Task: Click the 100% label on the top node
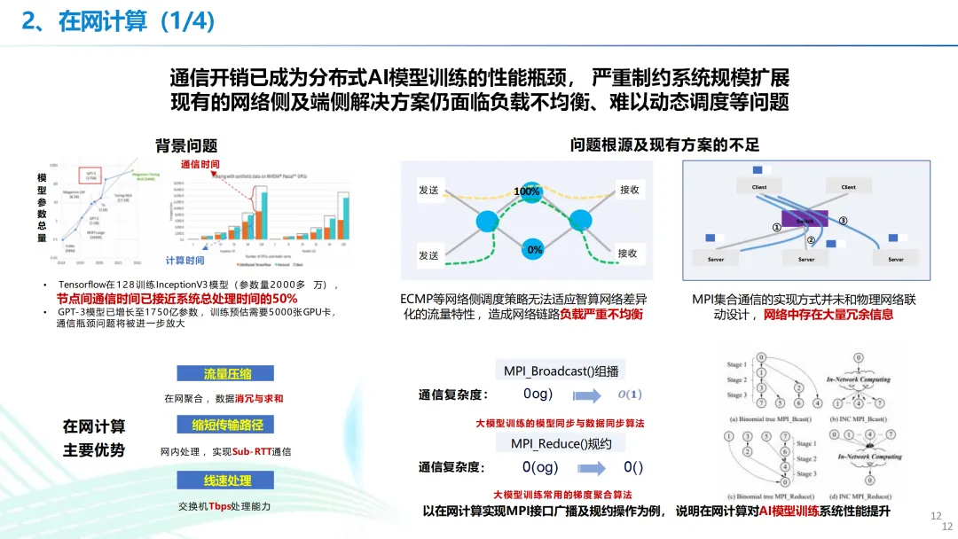(527, 191)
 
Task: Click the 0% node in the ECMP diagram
(534, 250)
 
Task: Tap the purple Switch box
(805, 218)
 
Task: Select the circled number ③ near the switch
(843, 221)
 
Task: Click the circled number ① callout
(775, 228)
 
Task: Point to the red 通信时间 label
(200, 164)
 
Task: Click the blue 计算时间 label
(185, 261)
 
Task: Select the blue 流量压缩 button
(227, 374)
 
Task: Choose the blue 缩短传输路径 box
(227, 425)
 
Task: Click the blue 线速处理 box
(227, 480)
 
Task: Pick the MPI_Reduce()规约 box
(555, 443)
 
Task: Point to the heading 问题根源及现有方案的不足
(664, 145)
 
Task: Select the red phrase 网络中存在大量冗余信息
(828, 315)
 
